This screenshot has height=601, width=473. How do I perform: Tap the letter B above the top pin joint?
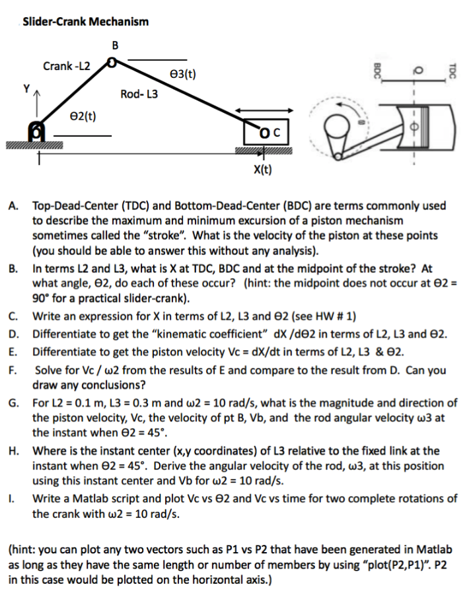tap(116, 46)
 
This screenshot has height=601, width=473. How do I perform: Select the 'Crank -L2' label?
tap(67, 66)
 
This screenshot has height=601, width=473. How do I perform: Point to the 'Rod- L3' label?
tap(139, 94)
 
